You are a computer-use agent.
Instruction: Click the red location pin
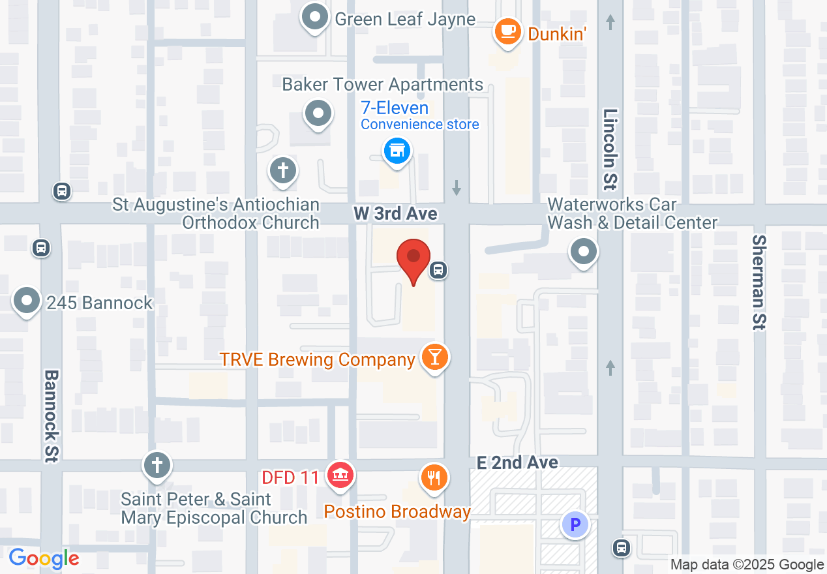(414, 258)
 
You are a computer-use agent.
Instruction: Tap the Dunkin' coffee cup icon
(507, 31)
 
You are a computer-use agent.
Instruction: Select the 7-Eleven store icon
(396, 151)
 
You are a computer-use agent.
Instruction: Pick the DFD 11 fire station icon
(340, 474)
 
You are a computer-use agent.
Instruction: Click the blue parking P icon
(575, 524)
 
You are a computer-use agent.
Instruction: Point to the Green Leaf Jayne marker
(316, 18)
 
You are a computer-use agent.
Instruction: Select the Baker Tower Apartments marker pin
(318, 114)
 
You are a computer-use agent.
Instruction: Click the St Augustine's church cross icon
(283, 172)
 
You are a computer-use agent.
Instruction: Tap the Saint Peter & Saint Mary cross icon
(157, 465)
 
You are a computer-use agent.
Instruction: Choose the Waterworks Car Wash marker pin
(584, 251)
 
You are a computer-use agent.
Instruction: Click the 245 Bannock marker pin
(27, 301)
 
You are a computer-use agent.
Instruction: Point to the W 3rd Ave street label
(395, 214)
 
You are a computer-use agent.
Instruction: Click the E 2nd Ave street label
(517, 462)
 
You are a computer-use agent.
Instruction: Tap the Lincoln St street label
(610, 148)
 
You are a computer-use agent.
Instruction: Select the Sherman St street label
(759, 282)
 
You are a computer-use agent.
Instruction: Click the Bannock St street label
(52, 416)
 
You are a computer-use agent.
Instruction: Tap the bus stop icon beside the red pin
(439, 269)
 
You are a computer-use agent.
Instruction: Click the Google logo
(44, 558)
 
